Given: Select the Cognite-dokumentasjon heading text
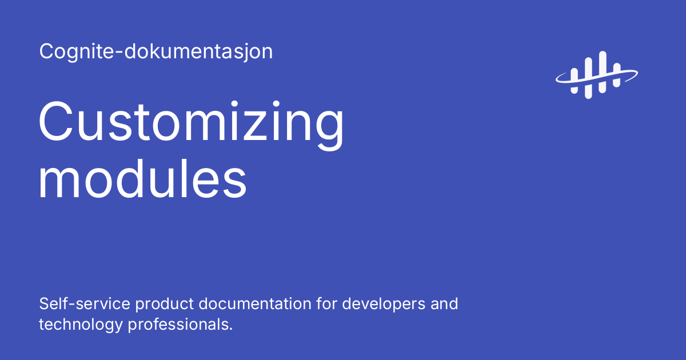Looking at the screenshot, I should (156, 51).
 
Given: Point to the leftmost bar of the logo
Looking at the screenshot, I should (575, 82).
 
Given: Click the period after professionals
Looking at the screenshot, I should (230, 329).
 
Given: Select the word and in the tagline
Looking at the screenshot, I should (445, 303).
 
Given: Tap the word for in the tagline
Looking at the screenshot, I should (328, 303).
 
